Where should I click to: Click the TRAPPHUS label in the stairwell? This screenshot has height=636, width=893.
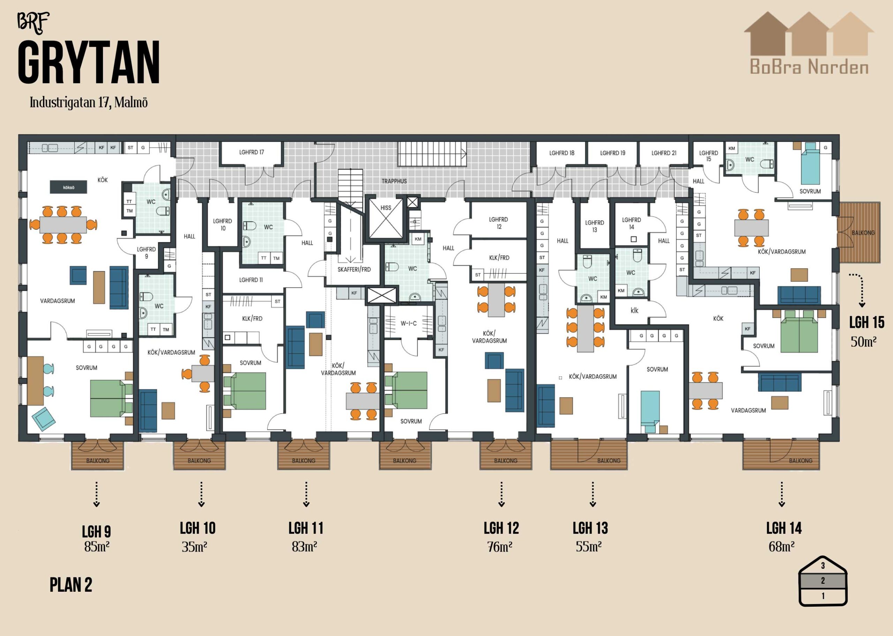(394, 181)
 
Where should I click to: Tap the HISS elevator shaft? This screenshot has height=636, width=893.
(386, 218)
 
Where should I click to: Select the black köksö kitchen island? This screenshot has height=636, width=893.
(68, 187)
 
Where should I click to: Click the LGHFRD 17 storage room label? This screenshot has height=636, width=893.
(252, 152)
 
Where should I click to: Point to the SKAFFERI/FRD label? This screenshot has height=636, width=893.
(354, 270)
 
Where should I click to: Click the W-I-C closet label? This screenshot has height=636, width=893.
(408, 324)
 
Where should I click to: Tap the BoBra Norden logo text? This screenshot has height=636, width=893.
(809, 67)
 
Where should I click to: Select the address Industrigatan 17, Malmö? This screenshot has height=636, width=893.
(89, 103)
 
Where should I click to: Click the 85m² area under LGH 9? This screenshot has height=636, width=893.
(97, 546)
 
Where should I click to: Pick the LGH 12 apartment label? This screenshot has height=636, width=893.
(501, 528)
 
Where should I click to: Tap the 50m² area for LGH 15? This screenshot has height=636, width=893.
(863, 342)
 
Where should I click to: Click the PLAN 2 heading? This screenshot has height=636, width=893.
(71, 585)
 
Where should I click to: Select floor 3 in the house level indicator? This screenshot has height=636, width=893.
(823, 566)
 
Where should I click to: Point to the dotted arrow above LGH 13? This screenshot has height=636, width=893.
(593, 494)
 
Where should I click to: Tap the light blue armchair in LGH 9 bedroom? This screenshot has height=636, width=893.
(44, 419)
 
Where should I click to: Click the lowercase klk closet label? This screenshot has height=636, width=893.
(635, 310)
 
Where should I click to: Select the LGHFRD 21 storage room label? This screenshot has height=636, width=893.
(664, 153)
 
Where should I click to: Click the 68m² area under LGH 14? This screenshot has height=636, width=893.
(782, 546)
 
